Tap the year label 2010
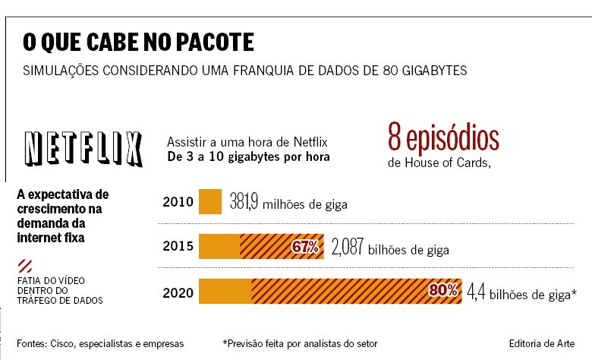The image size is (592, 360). (x=178, y=203)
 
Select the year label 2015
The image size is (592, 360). (x=178, y=247)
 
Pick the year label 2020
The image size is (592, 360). (x=178, y=291)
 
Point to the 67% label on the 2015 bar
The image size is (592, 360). (x=305, y=247)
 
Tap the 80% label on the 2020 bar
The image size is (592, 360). (x=442, y=290)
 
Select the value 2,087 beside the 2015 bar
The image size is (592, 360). (x=348, y=247)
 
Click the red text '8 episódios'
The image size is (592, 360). (x=443, y=139)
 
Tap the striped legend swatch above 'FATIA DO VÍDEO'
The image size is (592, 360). (x=24, y=266)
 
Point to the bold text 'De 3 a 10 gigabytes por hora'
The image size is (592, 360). (x=247, y=158)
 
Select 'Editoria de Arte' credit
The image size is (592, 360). (x=540, y=343)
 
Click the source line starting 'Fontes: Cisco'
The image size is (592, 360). (x=99, y=343)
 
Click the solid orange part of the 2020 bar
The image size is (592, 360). (x=225, y=291)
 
